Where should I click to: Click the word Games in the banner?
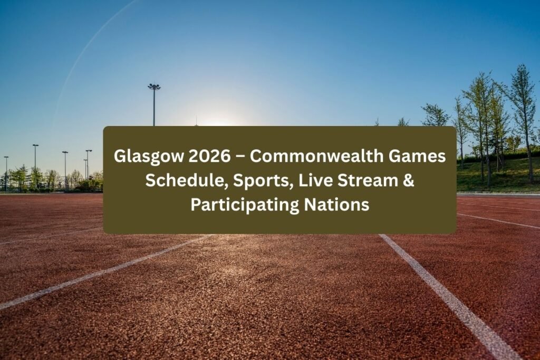pyautogui.click(x=417, y=157)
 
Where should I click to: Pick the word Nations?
pyautogui.click(x=337, y=205)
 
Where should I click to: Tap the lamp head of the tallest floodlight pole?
pyautogui.click(x=154, y=86)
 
